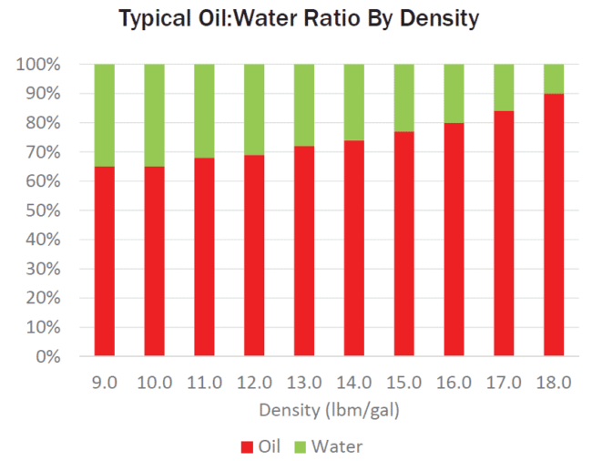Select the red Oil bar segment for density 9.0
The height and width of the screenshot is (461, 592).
coord(105,261)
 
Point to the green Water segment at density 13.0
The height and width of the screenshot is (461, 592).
coord(304,105)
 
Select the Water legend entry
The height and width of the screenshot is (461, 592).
coord(328,446)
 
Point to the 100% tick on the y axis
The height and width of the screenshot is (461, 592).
coord(38,65)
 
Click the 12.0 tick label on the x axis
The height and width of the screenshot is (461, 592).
coord(254,383)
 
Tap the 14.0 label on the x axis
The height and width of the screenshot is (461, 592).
coord(353,383)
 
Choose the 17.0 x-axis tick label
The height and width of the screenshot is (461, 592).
coord(503,383)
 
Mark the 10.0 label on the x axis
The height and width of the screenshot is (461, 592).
coord(155,383)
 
